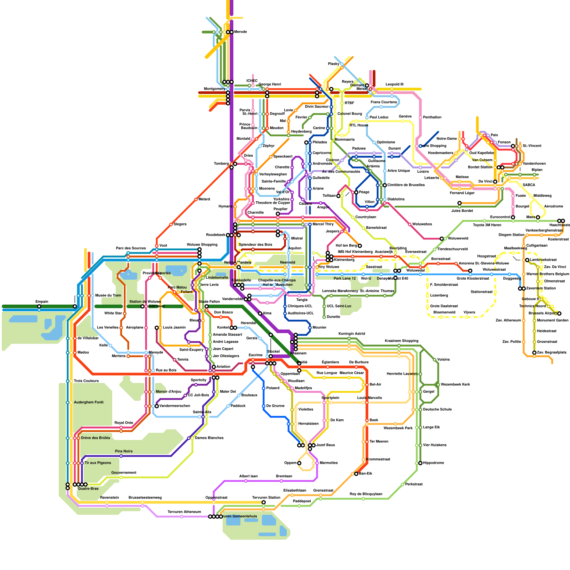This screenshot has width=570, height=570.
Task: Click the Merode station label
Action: [240, 32]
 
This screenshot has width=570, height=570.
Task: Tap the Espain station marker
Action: [39, 306]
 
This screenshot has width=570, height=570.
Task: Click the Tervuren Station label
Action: [266, 498]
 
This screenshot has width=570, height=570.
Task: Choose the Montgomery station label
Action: [214, 89]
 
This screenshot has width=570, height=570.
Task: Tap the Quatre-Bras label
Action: [88, 489]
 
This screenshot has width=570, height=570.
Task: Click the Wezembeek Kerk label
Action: [455, 385]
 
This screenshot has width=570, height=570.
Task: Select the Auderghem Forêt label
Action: [89, 403]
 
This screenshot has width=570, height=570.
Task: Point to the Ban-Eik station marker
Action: [356, 474]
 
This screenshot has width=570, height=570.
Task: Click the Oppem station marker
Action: [299, 463]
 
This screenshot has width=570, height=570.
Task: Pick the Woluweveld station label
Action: [458, 239]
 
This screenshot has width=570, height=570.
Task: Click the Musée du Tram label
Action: [108, 296]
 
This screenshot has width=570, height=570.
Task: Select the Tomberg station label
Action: [221, 164]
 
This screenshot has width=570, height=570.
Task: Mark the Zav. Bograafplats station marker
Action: [534, 353]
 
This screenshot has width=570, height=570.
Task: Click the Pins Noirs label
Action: [124, 451]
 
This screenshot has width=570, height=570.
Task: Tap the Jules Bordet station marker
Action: [460, 203]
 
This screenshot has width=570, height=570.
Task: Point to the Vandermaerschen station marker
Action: [157, 406]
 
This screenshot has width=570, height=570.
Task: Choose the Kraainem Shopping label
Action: [401, 341]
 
